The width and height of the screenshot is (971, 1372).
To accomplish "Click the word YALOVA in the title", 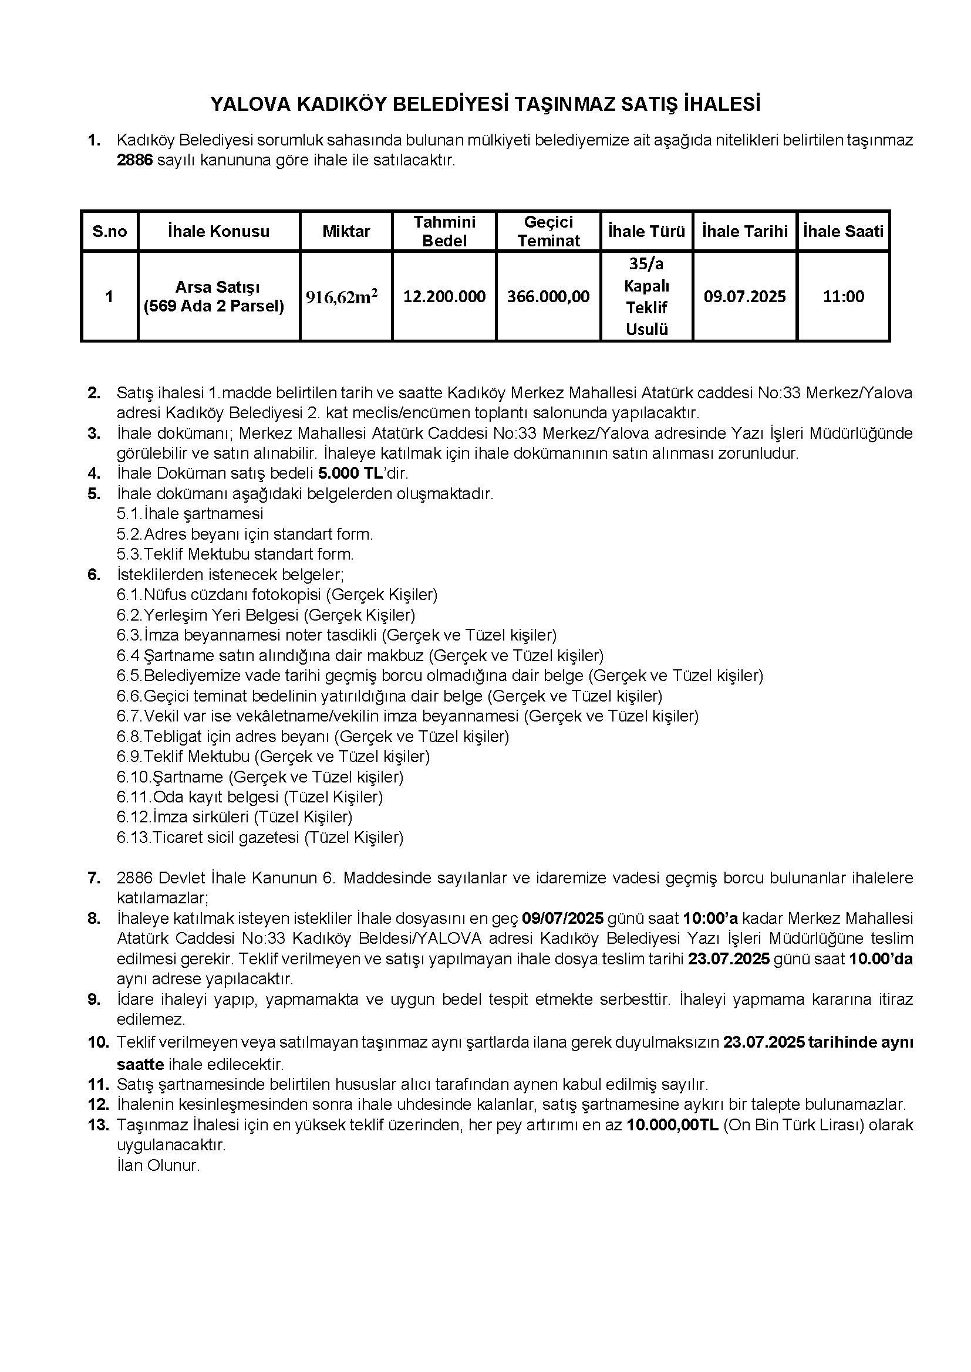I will point(248,104).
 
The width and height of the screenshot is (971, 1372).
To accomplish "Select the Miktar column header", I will point(346,231).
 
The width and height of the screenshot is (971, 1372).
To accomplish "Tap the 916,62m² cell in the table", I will point(342,296).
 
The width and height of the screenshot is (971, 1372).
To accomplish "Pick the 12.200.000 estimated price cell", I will point(444,296).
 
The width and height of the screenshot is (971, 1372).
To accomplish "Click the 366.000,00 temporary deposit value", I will point(548,296).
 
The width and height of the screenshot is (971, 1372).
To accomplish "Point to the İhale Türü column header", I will point(646,231).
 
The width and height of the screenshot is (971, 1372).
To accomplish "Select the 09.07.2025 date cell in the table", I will point(744,296).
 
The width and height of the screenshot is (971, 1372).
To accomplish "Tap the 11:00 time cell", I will point(843,296).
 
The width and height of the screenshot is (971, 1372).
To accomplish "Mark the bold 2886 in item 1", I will point(135,161).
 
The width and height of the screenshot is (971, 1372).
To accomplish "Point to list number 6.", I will point(94,574).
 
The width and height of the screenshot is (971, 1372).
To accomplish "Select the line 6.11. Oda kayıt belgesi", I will point(250,797).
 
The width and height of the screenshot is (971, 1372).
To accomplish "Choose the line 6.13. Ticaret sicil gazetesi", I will point(260,837).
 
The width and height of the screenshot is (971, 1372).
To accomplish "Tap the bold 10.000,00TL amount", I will point(673,1125).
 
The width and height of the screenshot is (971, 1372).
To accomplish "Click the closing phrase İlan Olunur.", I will point(159,1166).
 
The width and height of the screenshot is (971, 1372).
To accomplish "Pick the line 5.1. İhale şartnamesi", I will point(190,513).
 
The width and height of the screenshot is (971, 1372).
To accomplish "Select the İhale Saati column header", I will point(843,231).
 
